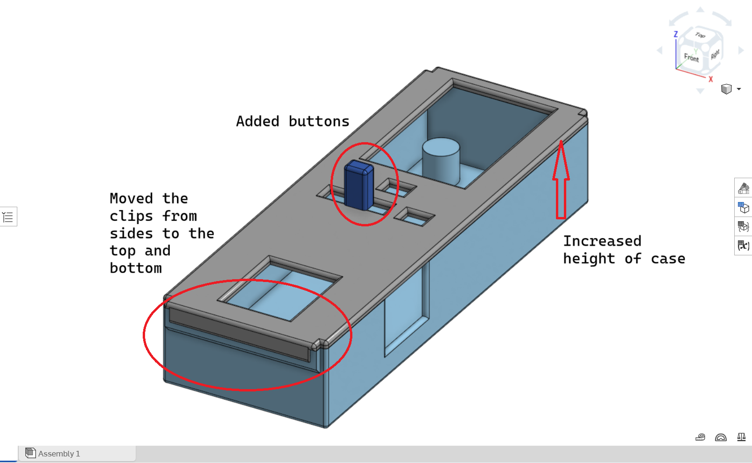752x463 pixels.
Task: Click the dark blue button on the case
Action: coord(358,185)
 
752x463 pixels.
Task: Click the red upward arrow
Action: coord(561,180)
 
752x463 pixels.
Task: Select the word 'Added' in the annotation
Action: coord(257,122)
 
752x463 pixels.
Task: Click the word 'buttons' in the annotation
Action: coord(319,122)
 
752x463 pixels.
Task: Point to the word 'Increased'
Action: coord(602,241)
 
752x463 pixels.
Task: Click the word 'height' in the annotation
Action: coord(589,259)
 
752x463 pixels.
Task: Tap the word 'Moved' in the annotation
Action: coord(131,199)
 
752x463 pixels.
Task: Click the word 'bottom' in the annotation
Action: coord(136,268)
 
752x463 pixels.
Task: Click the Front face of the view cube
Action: coord(691,58)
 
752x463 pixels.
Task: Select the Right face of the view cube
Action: coord(715,54)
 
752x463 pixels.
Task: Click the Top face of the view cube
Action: coord(701,35)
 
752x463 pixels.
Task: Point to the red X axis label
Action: coord(710,79)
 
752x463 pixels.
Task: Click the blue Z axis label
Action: coord(676,34)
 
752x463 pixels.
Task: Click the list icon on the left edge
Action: coord(8,217)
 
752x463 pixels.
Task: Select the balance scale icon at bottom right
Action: coord(741,437)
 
